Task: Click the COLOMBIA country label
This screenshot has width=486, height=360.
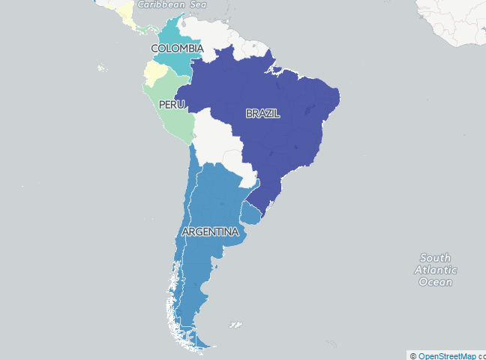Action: click(177, 49)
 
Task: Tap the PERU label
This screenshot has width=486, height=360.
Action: click(171, 105)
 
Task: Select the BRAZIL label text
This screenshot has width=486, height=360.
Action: click(262, 113)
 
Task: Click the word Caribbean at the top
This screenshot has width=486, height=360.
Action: click(160, 4)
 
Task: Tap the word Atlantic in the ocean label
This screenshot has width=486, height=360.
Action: click(435, 270)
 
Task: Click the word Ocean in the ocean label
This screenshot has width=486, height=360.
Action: click(435, 282)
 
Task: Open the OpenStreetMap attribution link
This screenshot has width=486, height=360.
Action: click(447, 355)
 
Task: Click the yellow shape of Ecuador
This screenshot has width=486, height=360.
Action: click(154, 73)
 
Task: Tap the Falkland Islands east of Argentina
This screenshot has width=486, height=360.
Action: click(235, 325)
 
